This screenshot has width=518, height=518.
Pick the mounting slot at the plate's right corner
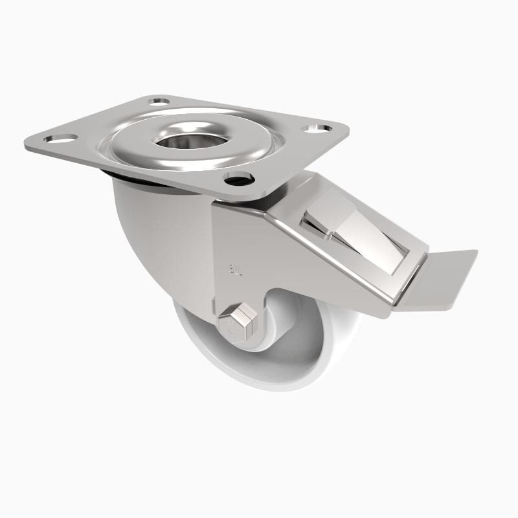pyautogui.click(x=322, y=128)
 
